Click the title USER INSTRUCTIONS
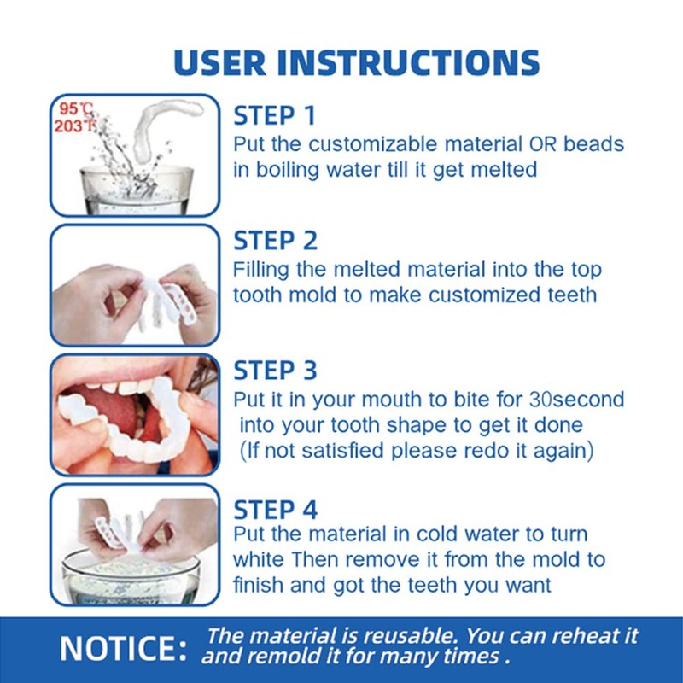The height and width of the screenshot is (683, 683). pyautogui.click(x=356, y=62)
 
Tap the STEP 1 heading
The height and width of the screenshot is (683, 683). pyautogui.click(x=274, y=115)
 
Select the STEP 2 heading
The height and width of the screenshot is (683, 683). pyautogui.click(x=276, y=241)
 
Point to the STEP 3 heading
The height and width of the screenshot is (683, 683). pyautogui.click(x=276, y=371)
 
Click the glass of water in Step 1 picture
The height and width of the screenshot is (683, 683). pyautogui.click(x=137, y=188)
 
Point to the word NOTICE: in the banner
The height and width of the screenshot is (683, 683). pyautogui.click(x=124, y=649)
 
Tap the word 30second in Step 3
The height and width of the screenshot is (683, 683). pyautogui.click(x=576, y=399)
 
